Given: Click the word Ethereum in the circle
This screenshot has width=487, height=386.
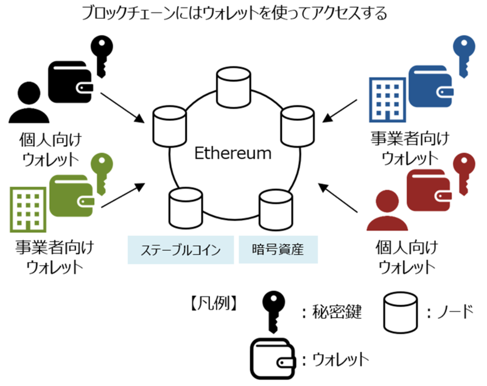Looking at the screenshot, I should (x=233, y=153).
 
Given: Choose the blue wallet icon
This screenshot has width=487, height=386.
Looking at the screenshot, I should (x=432, y=82).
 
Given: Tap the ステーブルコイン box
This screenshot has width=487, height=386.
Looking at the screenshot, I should (x=180, y=249).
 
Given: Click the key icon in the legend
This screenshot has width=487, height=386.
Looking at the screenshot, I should (x=273, y=309).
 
